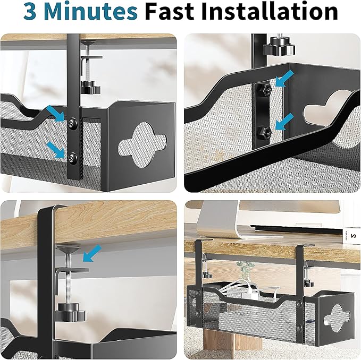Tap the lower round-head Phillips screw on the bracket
pos(72,156)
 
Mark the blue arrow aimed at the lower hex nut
pos(285,120)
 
